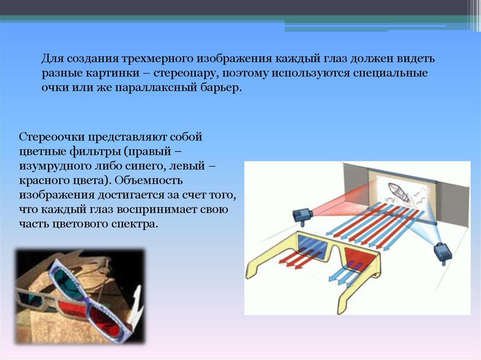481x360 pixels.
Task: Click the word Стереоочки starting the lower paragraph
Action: coord(52,137)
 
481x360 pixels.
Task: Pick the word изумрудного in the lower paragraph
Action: coord(55,166)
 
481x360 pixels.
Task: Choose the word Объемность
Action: coord(148,180)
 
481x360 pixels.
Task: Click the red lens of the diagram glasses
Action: coord(359,260)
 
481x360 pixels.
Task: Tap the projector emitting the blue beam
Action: coord(443,253)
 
